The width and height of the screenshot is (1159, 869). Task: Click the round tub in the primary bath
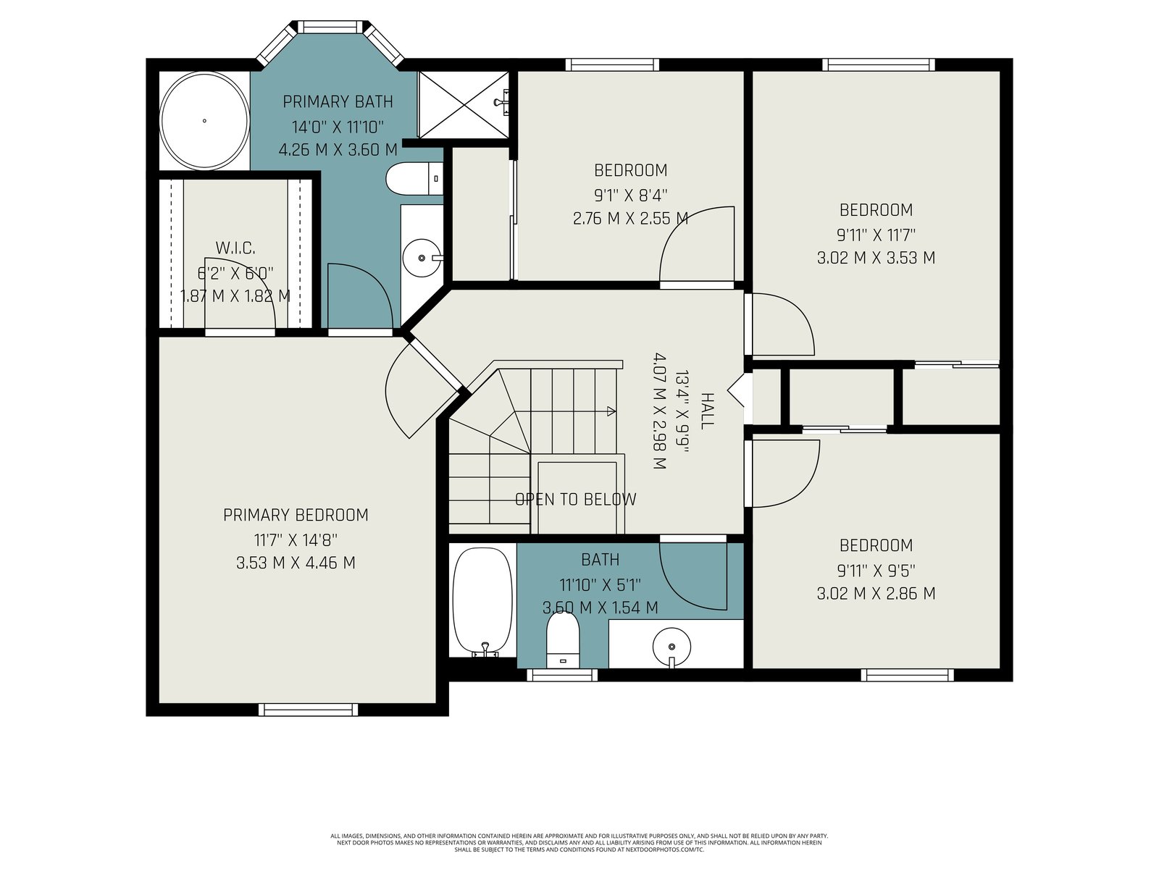[204, 121]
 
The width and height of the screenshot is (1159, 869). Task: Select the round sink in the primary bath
[422, 258]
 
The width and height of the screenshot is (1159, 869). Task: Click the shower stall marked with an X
[463, 105]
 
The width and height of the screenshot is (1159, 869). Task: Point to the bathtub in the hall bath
[482, 602]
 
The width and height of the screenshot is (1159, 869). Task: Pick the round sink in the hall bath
[671, 647]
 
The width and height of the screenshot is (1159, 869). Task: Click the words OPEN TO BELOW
[576, 499]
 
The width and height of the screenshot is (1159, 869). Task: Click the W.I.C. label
[235, 248]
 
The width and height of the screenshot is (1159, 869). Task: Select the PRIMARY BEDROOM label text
[296, 515]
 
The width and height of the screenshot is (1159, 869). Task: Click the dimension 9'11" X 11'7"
[876, 234]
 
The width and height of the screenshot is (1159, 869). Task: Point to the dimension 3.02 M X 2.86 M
[876, 594]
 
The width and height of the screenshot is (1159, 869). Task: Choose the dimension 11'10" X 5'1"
[601, 584]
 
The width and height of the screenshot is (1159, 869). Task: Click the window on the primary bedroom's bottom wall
[309, 710]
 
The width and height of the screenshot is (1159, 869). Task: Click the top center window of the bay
[332, 27]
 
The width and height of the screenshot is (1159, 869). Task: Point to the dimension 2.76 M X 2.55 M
[630, 219]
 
